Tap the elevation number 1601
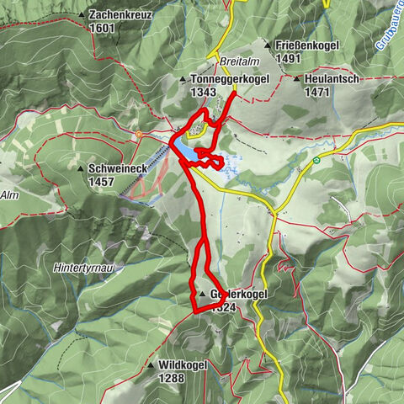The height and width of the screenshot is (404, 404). click(104, 27)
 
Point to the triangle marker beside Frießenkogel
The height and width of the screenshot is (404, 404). click(267, 46)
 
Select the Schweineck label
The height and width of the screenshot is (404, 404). click(118, 168)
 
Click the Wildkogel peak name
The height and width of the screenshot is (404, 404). click(183, 366)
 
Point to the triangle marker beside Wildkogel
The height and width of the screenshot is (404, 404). click(151, 366)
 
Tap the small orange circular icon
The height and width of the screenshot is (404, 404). click(138, 134)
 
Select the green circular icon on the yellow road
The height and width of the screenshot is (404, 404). click(316, 160)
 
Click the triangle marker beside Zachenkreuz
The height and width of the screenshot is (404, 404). click(81, 15)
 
